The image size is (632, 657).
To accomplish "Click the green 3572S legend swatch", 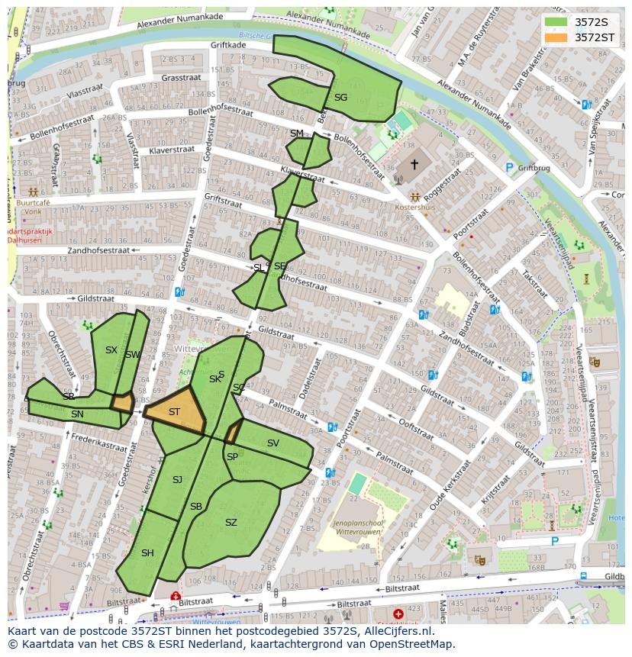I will (556, 21).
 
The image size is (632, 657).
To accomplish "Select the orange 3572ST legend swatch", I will (556, 37).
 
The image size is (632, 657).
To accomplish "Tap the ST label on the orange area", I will (174, 412).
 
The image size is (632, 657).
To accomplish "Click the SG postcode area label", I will (340, 98).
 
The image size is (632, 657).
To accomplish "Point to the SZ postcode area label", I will (231, 523).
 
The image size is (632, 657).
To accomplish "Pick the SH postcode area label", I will (147, 553).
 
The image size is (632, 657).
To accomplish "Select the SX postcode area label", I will (111, 350).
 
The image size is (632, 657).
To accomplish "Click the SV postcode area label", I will (272, 443).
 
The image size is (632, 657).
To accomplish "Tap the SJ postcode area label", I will (177, 480).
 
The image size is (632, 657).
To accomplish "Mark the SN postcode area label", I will (77, 414).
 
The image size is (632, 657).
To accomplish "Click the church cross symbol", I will (414, 164).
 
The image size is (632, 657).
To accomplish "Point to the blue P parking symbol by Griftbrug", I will (509, 167).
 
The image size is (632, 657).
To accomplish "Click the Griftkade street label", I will (227, 45).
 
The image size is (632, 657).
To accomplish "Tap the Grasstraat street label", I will (180, 77).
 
